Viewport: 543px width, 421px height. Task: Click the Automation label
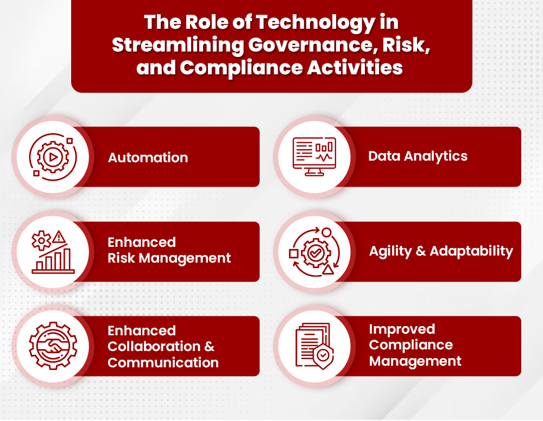(148, 158)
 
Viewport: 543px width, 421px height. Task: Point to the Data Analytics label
(418, 156)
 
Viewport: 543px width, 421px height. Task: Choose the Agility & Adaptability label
(441, 251)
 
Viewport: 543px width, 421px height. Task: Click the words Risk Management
(169, 258)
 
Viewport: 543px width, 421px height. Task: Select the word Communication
(163, 362)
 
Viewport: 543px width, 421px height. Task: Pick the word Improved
(402, 329)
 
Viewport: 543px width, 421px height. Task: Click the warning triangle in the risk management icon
(60, 237)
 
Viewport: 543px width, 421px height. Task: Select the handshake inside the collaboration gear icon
(53, 346)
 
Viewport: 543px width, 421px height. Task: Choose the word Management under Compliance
(415, 361)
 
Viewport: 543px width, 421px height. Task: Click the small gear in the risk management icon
(41, 239)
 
